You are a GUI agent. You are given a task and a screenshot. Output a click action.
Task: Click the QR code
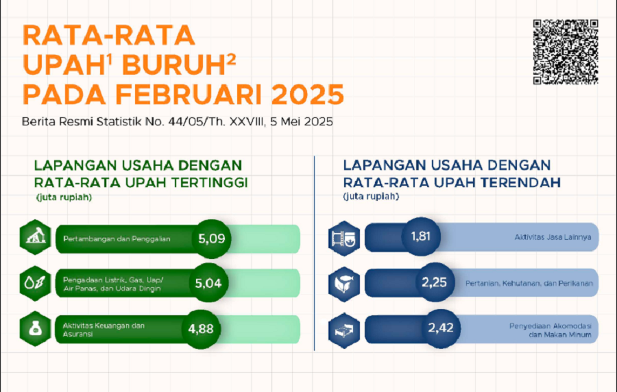(x=566, y=52)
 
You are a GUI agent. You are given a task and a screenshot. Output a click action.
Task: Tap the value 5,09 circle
(x=211, y=238)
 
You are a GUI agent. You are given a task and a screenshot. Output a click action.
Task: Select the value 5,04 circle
(x=208, y=283)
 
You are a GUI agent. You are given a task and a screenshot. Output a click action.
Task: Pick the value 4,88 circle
(x=201, y=329)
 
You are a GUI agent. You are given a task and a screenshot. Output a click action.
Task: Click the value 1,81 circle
(x=421, y=236)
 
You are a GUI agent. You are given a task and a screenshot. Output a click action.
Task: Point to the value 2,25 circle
(x=435, y=282)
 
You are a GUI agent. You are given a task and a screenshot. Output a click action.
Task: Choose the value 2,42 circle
(x=441, y=328)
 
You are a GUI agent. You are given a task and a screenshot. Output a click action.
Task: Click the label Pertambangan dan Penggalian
(x=117, y=238)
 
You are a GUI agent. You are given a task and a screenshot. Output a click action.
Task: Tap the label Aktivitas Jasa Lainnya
(x=553, y=237)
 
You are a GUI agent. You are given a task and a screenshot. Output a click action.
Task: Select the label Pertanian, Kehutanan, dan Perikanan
(x=529, y=283)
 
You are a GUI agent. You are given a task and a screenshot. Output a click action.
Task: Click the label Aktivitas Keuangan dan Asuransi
(x=104, y=330)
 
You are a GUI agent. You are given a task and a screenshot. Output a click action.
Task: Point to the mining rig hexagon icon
(x=36, y=237)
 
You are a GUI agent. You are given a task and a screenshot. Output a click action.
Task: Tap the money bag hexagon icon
(x=36, y=329)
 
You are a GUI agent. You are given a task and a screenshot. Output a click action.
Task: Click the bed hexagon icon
(x=344, y=330)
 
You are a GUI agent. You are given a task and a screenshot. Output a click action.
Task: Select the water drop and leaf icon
(x=36, y=283)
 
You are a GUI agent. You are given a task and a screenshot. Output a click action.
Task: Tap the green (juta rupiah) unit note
(x=64, y=197)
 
